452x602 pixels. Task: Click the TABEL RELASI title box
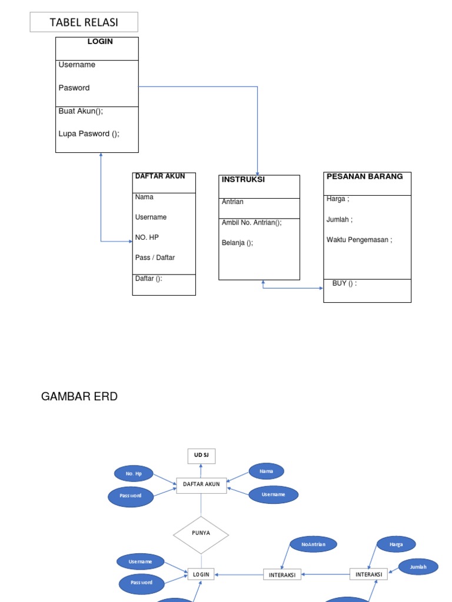(x=84, y=22)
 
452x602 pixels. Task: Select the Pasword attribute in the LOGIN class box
(x=74, y=88)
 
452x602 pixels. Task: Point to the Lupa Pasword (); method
(x=89, y=133)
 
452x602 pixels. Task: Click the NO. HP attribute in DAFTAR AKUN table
(x=147, y=237)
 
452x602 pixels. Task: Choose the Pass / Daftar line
(x=155, y=257)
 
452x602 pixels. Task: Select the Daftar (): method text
(x=148, y=279)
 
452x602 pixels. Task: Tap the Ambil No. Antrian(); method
(x=251, y=222)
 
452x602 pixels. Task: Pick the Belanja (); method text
(x=237, y=242)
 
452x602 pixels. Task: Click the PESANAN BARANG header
(x=365, y=176)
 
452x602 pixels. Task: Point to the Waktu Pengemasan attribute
(x=359, y=239)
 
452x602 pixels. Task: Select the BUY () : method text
(x=344, y=283)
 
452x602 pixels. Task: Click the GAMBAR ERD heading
(x=79, y=397)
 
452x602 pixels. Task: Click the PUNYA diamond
(x=201, y=533)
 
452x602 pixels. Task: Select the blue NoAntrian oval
(x=313, y=544)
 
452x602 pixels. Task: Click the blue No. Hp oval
(x=134, y=473)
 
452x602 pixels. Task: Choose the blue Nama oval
(x=266, y=471)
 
